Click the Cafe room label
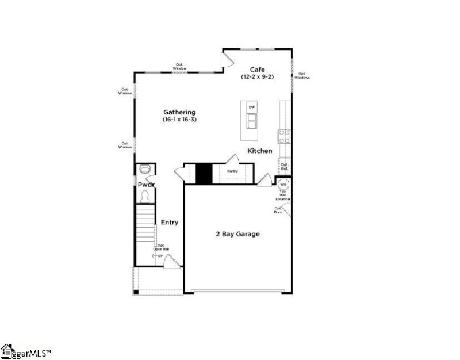(x=257, y=69)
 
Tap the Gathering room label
(x=179, y=112)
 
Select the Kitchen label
(x=259, y=151)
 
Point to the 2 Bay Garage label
(x=237, y=234)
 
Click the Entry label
(x=169, y=223)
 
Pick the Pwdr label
(x=146, y=185)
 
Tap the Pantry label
(x=232, y=171)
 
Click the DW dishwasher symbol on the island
(x=251, y=108)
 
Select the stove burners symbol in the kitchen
(x=283, y=136)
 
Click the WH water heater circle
(x=283, y=185)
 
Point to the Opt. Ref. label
(x=284, y=167)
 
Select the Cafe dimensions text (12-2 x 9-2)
(x=257, y=76)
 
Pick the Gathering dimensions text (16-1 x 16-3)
(x=179, y=120)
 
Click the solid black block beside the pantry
(x=204, y=174)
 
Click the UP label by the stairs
(x=160, y=255)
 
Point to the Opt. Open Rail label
(x=161, y=247)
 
